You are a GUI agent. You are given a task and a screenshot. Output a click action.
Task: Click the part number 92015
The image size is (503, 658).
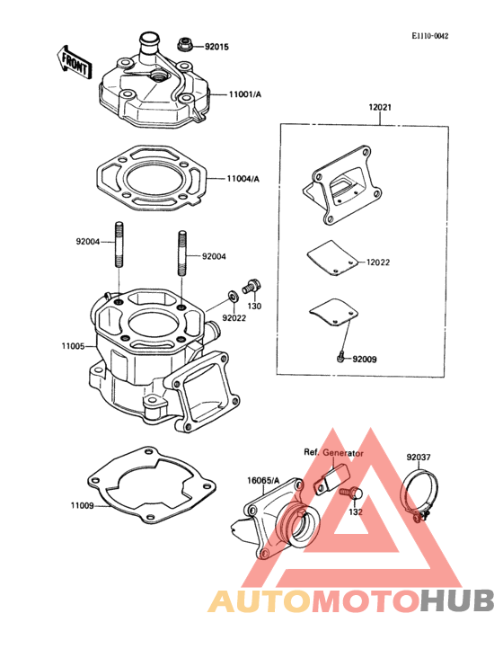tap(216, 47)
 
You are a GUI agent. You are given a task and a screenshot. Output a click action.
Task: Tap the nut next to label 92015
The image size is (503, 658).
tap(183, 44)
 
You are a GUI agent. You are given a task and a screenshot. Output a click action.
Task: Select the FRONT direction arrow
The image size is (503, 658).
tap(74, 64)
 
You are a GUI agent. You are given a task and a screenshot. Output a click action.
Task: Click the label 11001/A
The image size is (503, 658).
tap(245, 94)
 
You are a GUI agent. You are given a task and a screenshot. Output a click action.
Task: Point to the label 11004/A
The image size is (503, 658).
tap(243, 179)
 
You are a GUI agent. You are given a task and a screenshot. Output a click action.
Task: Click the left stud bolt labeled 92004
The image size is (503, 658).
tap(119, 244)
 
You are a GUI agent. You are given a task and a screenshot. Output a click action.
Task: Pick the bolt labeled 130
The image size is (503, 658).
tap(251, 287)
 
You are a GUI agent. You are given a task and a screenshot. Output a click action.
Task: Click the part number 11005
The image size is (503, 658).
tap(73, 346)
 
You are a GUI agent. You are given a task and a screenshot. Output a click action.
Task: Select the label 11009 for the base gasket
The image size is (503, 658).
tap(82, 506)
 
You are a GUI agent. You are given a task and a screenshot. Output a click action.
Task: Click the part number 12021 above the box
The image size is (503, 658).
tap(380, 108)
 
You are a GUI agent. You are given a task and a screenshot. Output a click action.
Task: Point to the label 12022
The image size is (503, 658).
tap(377, 262)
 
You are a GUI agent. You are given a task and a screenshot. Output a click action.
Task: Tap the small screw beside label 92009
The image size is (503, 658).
tap(341, 356)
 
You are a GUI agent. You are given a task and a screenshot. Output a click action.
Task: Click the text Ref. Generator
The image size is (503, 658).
tap(333, 453)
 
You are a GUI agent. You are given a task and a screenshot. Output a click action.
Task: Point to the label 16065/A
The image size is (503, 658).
tap(263, 481)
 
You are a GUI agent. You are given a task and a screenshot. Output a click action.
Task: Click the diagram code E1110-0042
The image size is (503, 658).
tap(429, 36)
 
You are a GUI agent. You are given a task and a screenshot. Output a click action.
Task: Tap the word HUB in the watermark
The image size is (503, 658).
tap(457, 601)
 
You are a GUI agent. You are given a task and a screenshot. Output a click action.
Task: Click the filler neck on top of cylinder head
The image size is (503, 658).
tap(149, 44)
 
